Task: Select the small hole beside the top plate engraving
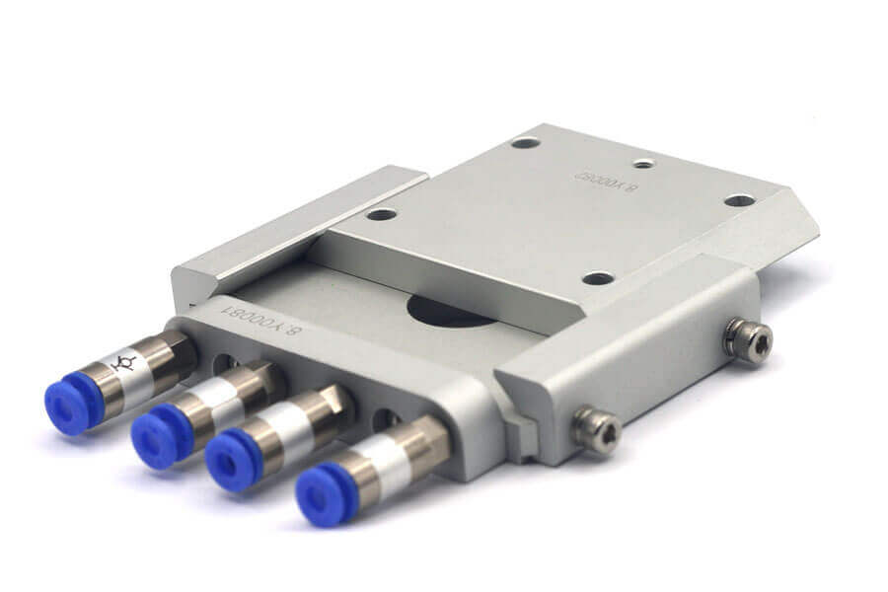point(643,163)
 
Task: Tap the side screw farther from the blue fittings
point(747,339)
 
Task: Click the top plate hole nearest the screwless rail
point(381,214)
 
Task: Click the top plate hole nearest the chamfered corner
point(739,200)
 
